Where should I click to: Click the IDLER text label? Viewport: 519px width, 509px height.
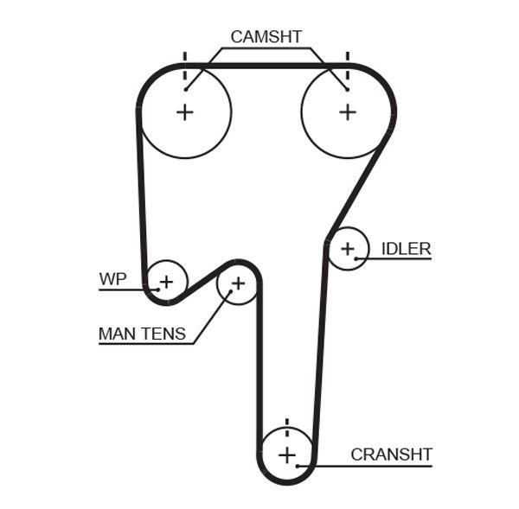coord(406,249)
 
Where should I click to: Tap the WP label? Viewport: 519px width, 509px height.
coord(112,279)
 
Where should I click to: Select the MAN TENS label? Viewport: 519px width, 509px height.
coord(142,334)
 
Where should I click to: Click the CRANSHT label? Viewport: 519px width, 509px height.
coord(391,454)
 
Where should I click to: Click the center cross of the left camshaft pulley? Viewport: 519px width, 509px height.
coord(184,111)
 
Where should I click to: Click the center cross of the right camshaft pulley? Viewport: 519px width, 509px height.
coord(347,111)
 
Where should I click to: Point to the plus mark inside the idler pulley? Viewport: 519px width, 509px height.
coord(347,249)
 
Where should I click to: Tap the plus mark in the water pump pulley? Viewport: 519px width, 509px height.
coord(166,281)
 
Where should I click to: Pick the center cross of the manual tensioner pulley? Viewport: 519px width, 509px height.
coord(238,283)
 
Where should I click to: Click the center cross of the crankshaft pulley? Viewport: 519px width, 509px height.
coord(287,455)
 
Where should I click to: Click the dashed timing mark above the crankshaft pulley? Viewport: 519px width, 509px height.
coord(287,426)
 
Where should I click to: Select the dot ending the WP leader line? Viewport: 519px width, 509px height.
coord(157,289)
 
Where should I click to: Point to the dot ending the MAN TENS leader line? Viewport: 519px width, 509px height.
coord(230,292)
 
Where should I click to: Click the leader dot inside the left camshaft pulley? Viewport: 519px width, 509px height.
coord(184,88)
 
